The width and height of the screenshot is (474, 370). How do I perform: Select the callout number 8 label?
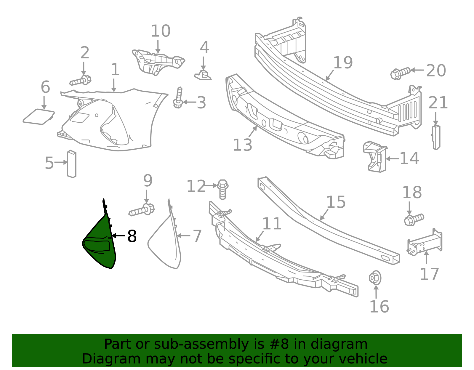pyautogui.click(x=132, y=236)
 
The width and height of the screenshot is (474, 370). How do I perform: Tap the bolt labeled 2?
pyautogui.click(x=80, y=81)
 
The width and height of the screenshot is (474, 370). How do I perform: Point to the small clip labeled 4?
pyautogui.click(x=203, y=75)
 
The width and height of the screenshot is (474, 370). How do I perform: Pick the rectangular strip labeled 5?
pyautogui.click(x=72, y=164)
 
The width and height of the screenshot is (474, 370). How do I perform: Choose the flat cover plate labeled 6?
pyautogui.click(x=39, y=117)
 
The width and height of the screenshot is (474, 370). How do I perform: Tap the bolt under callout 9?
pyautogui.click(x=142, y=210)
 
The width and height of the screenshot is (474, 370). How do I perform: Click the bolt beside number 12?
pyautogui.click(x=223, y=189)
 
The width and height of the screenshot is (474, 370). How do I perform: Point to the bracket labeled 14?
pyautogui.click(x=375, y=156)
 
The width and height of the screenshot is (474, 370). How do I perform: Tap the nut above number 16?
pyautogui.click(x=375, y=278)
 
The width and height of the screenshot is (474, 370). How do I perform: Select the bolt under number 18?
pyautogui.click(x=414, y=220)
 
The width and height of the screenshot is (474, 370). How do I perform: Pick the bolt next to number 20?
pyautogui.click(x=401, y=73)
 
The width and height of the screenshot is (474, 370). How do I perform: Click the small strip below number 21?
pyautogui.click(x=436, y=137)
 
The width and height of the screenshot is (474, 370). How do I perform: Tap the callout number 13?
pyautogui.click(x=243, y=145)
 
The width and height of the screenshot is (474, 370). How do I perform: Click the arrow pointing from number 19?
pyautogui.click(x=329, y=75)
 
